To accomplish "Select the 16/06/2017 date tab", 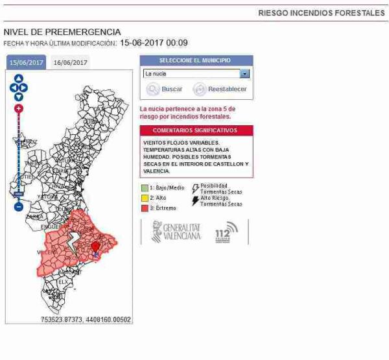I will [70, 62].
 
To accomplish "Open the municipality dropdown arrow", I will [244, 74].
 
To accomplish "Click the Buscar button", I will [165, 89].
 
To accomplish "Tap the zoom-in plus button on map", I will [18, 108].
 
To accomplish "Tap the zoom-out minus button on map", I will [18, 206].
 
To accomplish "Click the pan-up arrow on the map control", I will [18, 78].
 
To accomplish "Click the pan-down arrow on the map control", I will [18, 97].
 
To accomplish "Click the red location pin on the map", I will [96, 247].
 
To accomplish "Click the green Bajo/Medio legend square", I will [145, 187].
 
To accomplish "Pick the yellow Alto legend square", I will [145, 198].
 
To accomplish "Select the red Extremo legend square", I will [145, 208].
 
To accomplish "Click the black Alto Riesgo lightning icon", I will [196, 200].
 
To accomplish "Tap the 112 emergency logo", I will [227, 232].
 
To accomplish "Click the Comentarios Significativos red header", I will [196, 130].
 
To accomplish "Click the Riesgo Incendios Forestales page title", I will [322, 13].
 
